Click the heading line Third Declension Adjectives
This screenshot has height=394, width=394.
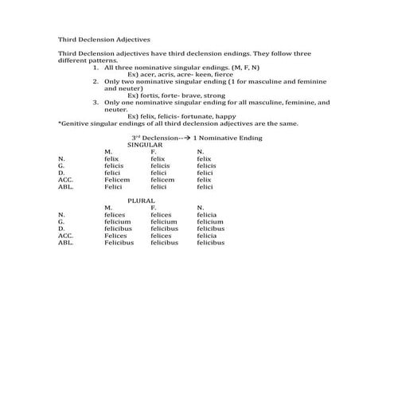tap(103, 38)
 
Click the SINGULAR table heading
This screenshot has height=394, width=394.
tap(145, 145)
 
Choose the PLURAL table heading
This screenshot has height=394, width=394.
tap(142, 201)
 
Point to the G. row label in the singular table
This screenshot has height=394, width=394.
tap(61, 166)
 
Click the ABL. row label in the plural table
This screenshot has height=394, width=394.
tap(65, 243)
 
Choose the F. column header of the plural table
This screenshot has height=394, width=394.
tap(153, 208)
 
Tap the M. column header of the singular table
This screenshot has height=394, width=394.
tap(107, 151)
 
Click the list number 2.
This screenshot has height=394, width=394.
tap(96, 81)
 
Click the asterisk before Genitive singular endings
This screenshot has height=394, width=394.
tap(60, 124)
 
